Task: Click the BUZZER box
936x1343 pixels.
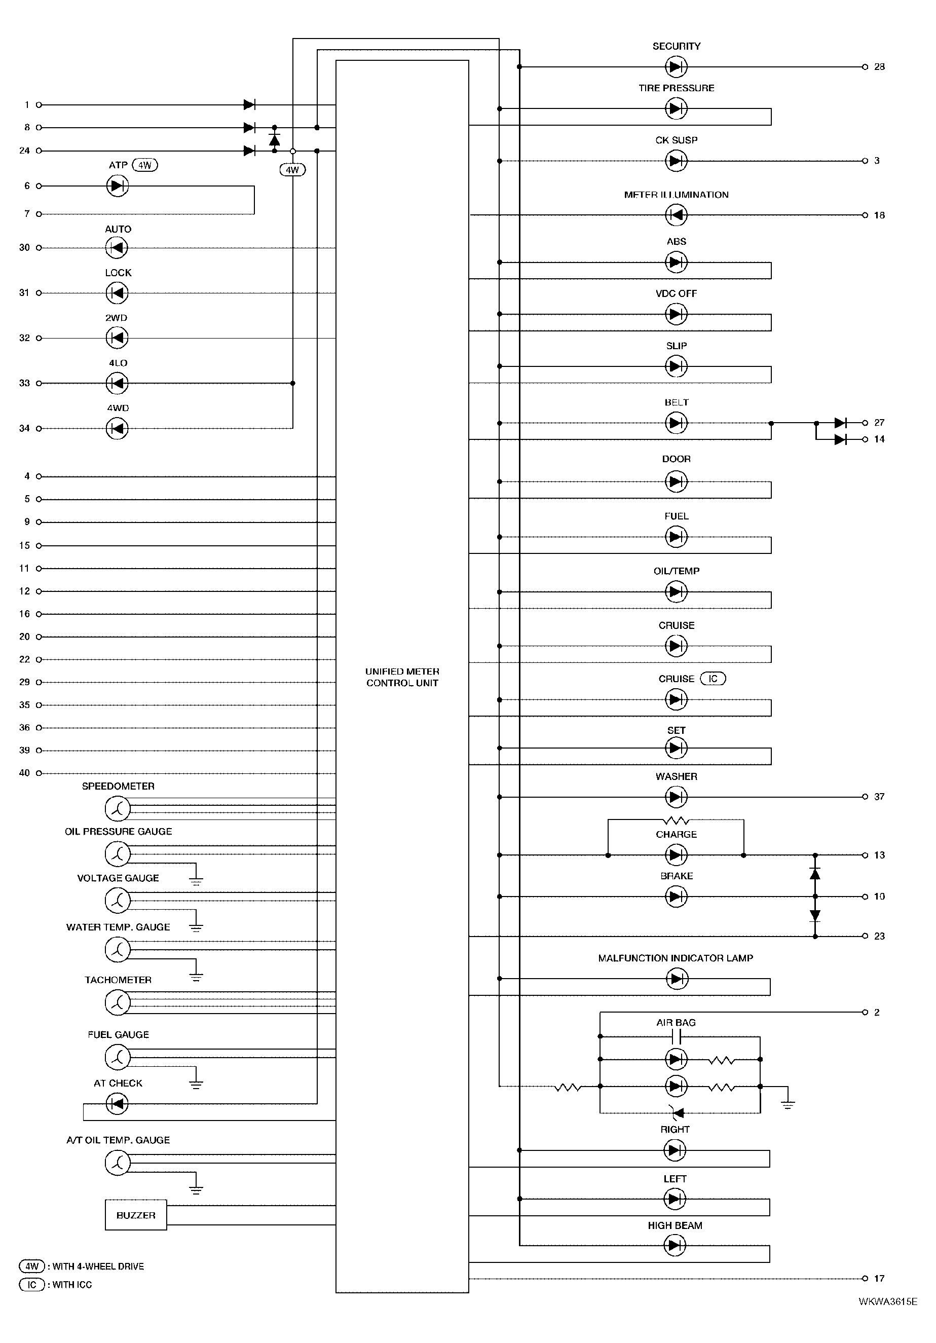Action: (x=136, y=1215)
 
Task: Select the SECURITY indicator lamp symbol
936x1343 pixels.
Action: (x=676, y=67)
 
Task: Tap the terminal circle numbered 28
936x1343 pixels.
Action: (x=865, y=67)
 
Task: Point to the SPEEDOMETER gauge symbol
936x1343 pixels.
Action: (x=117, y=809)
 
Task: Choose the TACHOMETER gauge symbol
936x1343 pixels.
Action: (x=117, y=1002)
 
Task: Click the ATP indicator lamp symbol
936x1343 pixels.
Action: (x=117, y=186)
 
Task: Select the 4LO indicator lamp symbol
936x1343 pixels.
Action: (x=117, y=383)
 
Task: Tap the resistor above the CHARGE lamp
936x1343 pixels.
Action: (x=676, y=820)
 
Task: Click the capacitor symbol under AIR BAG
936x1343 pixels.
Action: (x=676, y=1037)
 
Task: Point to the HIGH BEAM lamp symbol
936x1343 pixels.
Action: (x=675, y=1245)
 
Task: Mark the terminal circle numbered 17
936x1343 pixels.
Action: (x=865, y=1278)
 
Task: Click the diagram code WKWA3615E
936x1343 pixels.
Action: (x=887, y=1301)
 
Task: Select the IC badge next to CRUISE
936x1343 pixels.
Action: (x=713, y=679)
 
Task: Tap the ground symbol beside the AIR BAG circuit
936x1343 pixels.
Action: (x=788, y=1104)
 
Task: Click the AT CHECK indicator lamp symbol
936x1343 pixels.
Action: (x=117, y=1104)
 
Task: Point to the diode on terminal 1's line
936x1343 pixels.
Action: (x=249, y=105)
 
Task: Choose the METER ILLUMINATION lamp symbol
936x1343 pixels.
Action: (x=676, y=215)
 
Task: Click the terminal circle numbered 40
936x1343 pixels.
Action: (x=39, y=773)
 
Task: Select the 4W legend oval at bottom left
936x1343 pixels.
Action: (x=31, y=1266)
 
